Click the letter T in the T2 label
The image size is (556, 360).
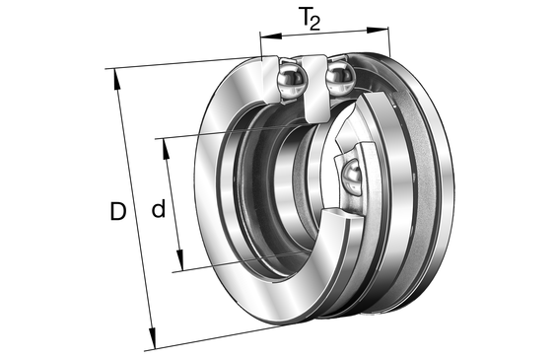[x=305, y=17]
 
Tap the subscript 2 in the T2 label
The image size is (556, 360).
[x=315, y=24]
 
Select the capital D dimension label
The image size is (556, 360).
[x=118, y=211]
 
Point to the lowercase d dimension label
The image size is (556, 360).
[x=159, y=208]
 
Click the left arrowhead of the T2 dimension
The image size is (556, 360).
[x=271, y=36]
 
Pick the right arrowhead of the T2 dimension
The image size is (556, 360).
[x=378, y=30]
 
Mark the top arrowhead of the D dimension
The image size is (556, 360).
[x=116, y=79]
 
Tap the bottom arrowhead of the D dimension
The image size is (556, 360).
[x=152, y=338]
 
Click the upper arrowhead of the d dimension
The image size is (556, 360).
[x=166, y=149]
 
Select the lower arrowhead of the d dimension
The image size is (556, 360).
[x=180, y=260]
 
